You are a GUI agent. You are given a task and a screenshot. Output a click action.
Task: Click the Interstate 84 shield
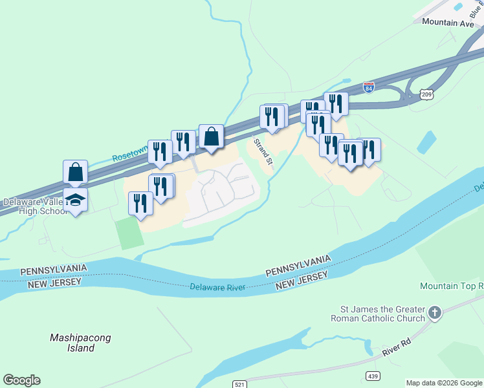pos(368,87)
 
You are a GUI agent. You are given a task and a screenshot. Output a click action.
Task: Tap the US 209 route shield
pos(426,94)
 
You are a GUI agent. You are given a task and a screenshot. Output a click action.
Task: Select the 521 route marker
pos(239,384)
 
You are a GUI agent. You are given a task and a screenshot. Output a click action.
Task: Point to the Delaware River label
pos(218,286)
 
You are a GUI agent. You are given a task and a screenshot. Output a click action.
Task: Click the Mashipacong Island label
pos(80,343)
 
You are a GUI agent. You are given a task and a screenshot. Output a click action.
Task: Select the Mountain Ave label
pos(447,22)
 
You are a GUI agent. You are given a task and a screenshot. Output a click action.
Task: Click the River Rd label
pos(397,348)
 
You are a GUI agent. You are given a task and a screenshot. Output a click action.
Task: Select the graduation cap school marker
pos(76,200)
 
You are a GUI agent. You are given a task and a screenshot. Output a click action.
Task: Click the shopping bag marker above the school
pos(76,172)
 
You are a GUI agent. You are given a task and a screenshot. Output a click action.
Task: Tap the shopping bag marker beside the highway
pos(212,136)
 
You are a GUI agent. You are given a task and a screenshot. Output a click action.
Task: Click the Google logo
pos(21,380)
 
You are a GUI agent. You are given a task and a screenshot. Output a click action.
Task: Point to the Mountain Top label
pos(451,286)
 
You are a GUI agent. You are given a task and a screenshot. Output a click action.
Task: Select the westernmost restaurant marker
pos(140,204)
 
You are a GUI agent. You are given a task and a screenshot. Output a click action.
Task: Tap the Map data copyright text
pos(444,383)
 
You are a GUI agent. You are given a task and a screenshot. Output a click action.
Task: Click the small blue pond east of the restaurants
pos(426,142)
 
